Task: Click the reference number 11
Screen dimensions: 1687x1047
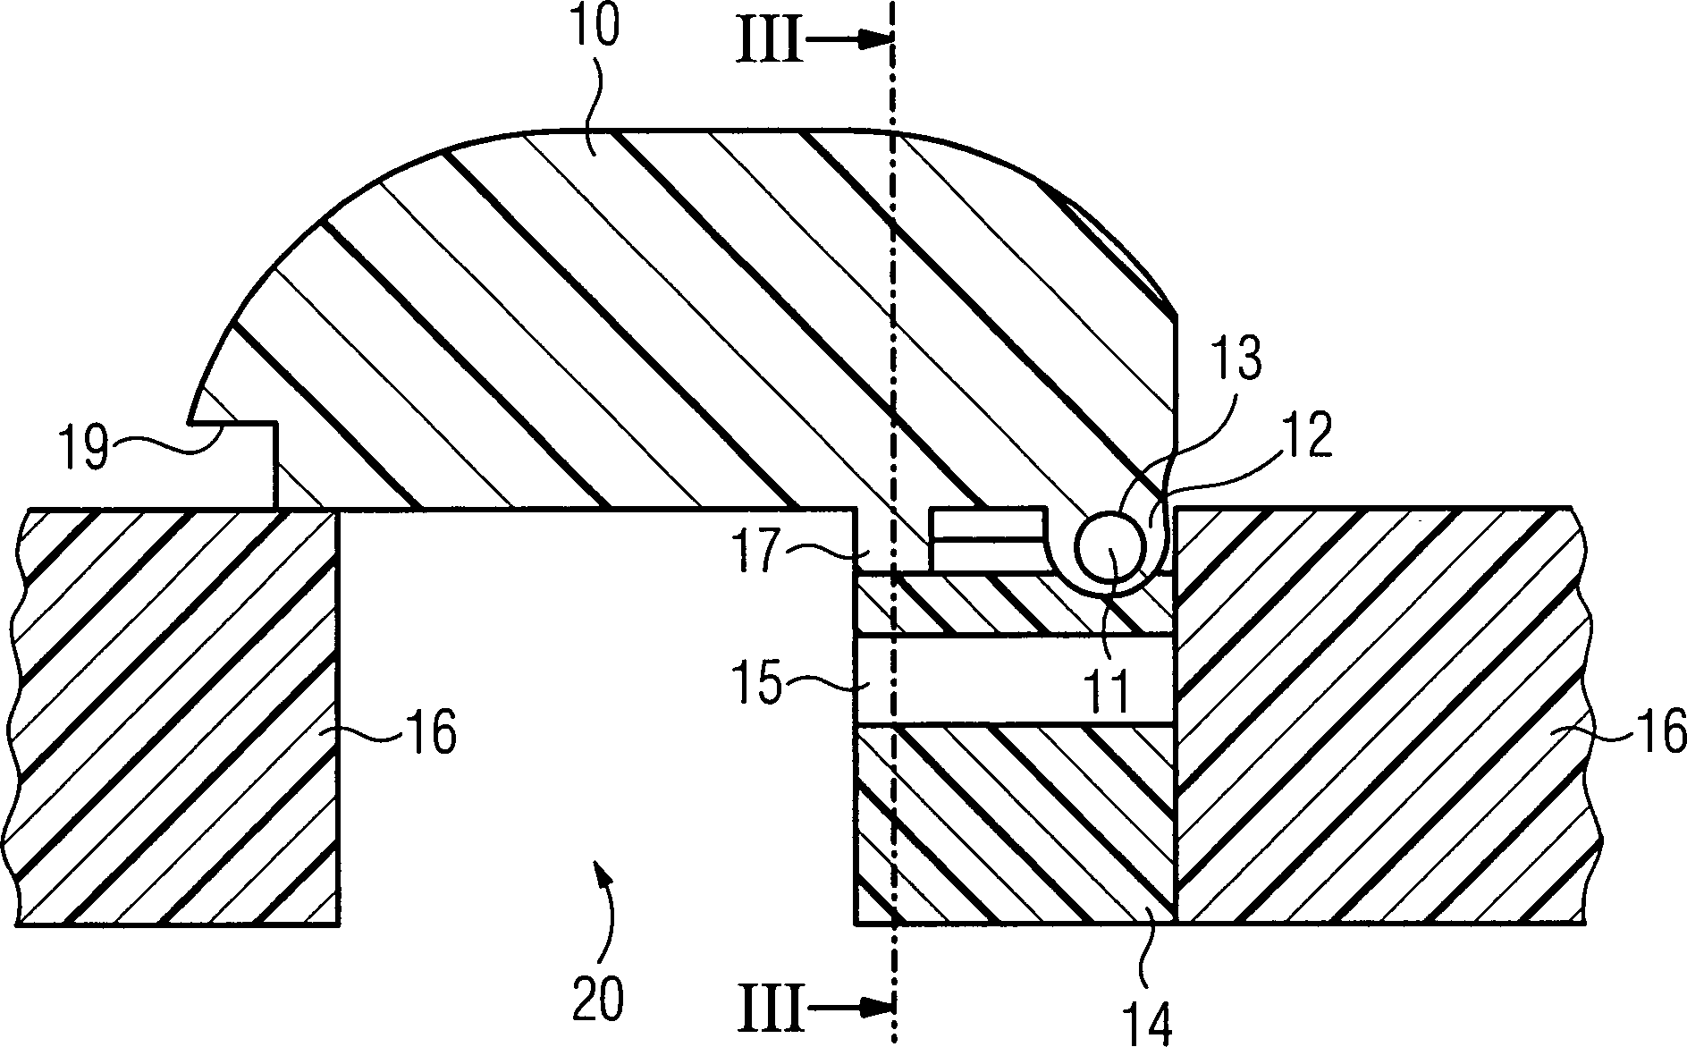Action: (1107, 688)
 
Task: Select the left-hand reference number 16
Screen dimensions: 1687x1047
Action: (430, 732)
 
